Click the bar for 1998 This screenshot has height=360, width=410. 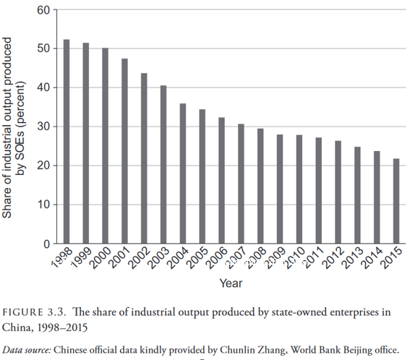67,142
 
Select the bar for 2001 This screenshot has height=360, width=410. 124,151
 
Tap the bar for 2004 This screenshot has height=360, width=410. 183,173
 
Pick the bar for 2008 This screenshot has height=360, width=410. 260,186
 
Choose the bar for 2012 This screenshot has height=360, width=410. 338,192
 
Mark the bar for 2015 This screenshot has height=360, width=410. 396,201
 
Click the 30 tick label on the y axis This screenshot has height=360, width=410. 43,127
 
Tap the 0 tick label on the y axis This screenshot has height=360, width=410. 46,244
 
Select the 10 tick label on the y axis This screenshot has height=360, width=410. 43,205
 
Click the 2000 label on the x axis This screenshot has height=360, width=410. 100,258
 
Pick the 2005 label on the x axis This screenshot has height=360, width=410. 197,258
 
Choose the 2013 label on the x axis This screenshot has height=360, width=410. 352,258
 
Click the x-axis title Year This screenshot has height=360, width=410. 231,283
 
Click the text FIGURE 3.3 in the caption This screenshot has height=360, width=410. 33,312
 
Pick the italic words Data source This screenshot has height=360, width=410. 27,351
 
